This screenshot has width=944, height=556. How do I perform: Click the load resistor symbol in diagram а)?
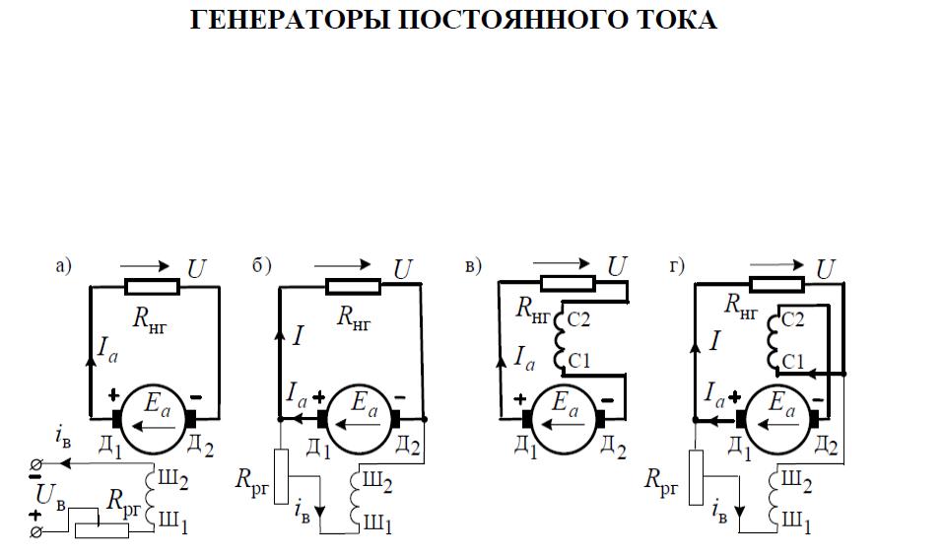point(153,287)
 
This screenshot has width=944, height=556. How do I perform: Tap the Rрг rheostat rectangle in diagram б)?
point(281,476)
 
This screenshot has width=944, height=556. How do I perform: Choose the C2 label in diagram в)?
point(578,319)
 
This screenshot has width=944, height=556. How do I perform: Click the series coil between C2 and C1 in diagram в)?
point(558,338)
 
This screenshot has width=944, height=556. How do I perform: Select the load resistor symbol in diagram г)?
point(777,284)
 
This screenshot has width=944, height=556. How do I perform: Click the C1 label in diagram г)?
point(793,361)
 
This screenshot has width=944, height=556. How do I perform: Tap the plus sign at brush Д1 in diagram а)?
point(113,395)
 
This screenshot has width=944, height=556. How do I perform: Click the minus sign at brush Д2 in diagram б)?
point(400,397)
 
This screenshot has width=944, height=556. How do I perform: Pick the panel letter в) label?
point(473,265)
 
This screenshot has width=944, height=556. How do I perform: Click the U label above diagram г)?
point(826,269)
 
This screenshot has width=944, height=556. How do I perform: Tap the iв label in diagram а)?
point(63,437)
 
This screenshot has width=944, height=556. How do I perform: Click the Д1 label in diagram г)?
point(740,449)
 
